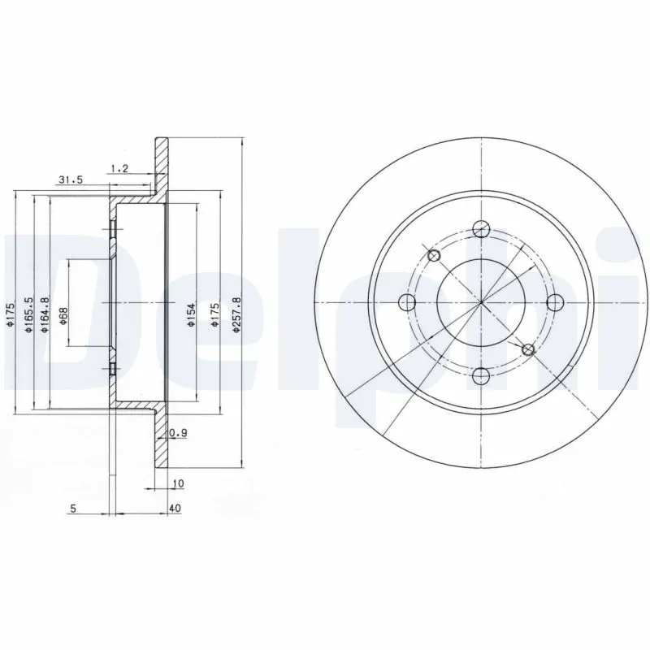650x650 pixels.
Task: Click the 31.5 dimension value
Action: pos(71,180)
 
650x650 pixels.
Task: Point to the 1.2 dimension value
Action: pos(119,168)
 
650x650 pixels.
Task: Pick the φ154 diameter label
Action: pos(189,314)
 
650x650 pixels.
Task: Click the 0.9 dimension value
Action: pos(181,434)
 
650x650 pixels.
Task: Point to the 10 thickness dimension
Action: pos(179,483)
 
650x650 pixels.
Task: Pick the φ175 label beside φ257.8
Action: pos(214,314)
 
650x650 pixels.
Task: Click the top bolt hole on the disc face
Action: pos(481,228)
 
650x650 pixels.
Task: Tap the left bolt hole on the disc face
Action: pos(407,303)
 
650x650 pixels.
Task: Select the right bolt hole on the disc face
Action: pos(556,303)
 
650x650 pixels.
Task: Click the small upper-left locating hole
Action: pos(434,257)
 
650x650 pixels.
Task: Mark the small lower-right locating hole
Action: pos(528,349)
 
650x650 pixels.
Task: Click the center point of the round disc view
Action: pos(481,303)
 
